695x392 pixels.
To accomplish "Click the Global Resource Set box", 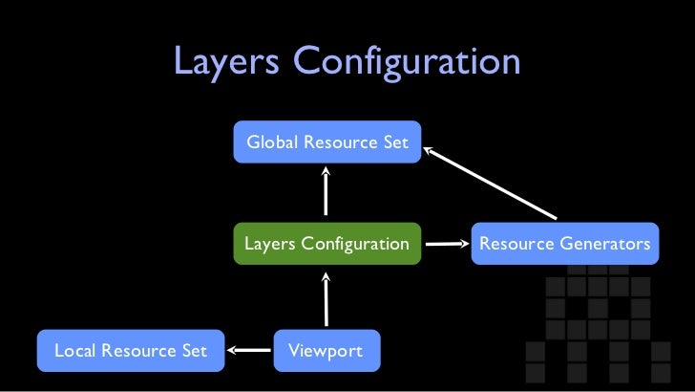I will coord(326,142).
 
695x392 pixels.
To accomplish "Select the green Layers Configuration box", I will coord(326,244).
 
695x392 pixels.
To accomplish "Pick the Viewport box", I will coord(326,351).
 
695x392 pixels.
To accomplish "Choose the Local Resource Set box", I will coord(130,351).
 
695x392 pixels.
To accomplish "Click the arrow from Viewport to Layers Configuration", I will coord(326,298).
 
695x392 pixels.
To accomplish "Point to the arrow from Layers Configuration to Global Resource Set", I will coord(326,192).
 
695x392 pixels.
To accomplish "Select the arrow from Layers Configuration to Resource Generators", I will coord(445,244).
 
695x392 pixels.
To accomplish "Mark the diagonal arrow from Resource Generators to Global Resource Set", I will coord(489,181).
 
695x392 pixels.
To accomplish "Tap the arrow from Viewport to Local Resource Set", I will coord(249,351).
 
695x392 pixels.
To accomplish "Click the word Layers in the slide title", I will coord(225,64).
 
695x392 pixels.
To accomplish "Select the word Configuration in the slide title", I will coord(407,64).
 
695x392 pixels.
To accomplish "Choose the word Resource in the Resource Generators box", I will coord(516,244).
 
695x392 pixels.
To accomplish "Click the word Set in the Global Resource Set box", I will coord(395,142).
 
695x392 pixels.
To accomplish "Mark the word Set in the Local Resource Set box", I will coord(194,351).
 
